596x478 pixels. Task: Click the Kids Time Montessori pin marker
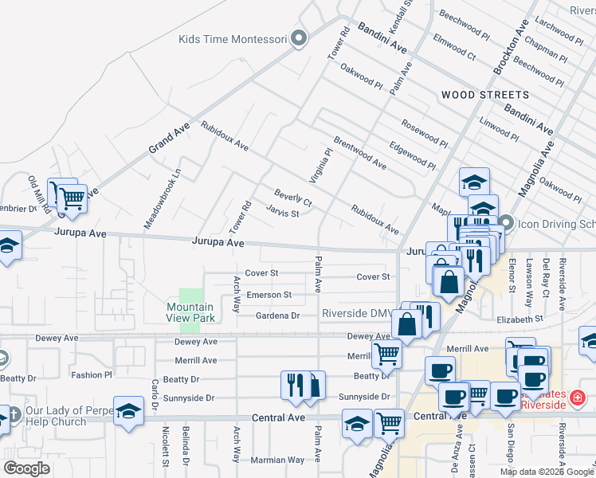[x=299, y=39]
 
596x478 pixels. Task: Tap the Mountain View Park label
[x=190, y=312]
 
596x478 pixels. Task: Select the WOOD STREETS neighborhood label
[x=484, y=95]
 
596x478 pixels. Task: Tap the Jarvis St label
[x=282, y=213]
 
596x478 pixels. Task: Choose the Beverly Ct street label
[x=292, y=197]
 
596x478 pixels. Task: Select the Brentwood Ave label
[x=359, y=152]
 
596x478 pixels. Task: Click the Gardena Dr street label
[x=277, y=316]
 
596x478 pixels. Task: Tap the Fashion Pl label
[x=92, y=374]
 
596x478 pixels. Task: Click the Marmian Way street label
[x=279, y=460]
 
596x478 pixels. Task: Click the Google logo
[x=26, y=468]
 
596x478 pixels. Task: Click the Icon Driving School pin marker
[x=504, y=224]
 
